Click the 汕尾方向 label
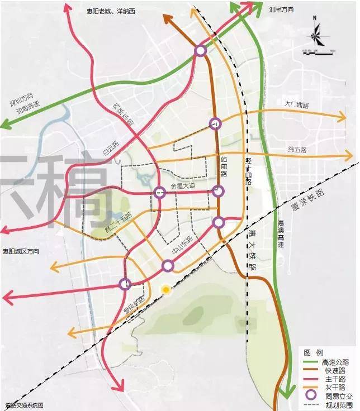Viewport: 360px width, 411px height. coord(282,10)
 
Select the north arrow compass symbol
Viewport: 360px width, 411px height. coord(316,38)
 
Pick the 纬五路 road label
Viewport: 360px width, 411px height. coord(297,150)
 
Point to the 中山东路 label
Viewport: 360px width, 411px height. coord(183,245)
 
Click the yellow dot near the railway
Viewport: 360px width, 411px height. coord(165,289)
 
